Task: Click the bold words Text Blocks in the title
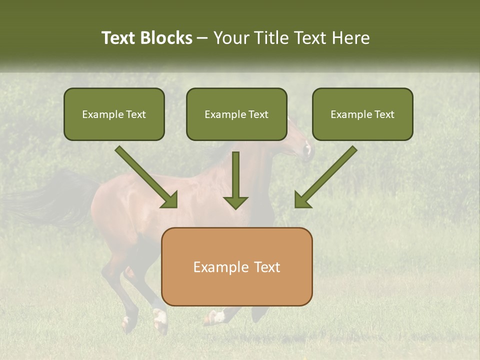(146, 38)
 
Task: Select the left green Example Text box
(114, 114)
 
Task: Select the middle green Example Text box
(236, 114)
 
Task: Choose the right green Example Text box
(362, 114)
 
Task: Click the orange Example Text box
(236, 266)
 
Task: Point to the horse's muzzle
(308, 150)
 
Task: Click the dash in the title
(202, 38)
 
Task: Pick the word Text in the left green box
(136, 114)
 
